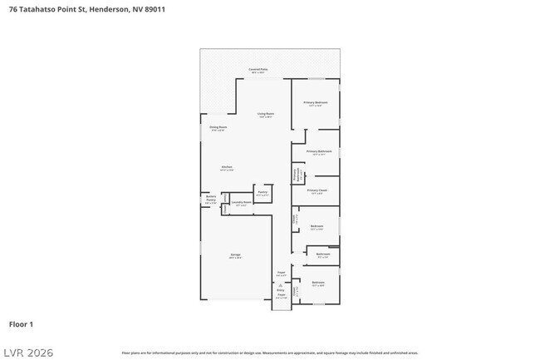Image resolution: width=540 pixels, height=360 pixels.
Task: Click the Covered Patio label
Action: tap(258, 69)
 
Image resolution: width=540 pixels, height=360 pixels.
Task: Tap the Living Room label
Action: tap(266, 114)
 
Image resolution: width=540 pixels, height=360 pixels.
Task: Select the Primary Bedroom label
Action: tap(316, 103)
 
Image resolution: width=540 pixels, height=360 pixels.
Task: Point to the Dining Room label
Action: tap(218, 127)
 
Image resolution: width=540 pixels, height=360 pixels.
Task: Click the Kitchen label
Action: tap(226, 167)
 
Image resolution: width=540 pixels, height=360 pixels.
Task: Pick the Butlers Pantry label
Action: tap(210, 200)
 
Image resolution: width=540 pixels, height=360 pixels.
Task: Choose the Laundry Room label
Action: tap(242, 202)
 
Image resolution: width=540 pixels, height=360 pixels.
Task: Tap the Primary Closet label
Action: tap(317, 190)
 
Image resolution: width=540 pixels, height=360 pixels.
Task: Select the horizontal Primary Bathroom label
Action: tap(319, 151)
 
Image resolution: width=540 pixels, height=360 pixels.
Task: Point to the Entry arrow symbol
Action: tap(281, 285)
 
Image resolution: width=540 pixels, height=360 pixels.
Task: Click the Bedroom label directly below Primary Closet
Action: tap(317, 226)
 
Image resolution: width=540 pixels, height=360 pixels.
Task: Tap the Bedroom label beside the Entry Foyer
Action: tap(318, 283)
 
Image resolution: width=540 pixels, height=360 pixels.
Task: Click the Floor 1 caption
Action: tap(21, 323)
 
